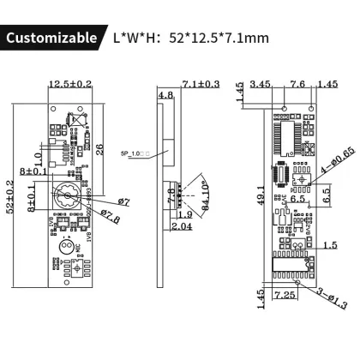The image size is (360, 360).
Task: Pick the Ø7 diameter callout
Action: coord(123,201)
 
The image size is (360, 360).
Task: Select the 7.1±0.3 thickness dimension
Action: coord(202,84)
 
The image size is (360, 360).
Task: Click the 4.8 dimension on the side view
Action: coord(165,95)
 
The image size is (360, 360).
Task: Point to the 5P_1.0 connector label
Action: coord(136,154)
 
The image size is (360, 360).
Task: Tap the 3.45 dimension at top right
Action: coord(262,84)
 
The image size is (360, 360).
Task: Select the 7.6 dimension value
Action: coord(297,84)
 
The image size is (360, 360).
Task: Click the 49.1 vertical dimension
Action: coord(260,197)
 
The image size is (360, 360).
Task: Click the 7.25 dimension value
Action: coord(287,294)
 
